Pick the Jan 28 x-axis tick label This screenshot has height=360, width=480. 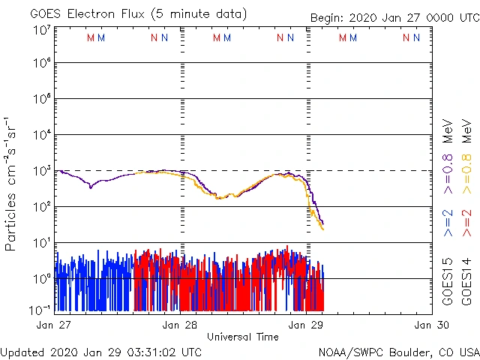(x=180, y=325)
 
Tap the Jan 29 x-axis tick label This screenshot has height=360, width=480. (x=306, y=325)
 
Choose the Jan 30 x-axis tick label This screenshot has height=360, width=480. (x=432, y=325)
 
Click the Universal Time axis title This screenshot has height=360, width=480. (x=243, y=337)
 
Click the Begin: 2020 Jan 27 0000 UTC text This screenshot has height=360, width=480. (x=394, y=19)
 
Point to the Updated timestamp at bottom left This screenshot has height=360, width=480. (x=101, y=351)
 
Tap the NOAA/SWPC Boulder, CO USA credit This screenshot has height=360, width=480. (x=399, y=351)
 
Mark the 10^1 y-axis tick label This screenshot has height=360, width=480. (x=42, y=241)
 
